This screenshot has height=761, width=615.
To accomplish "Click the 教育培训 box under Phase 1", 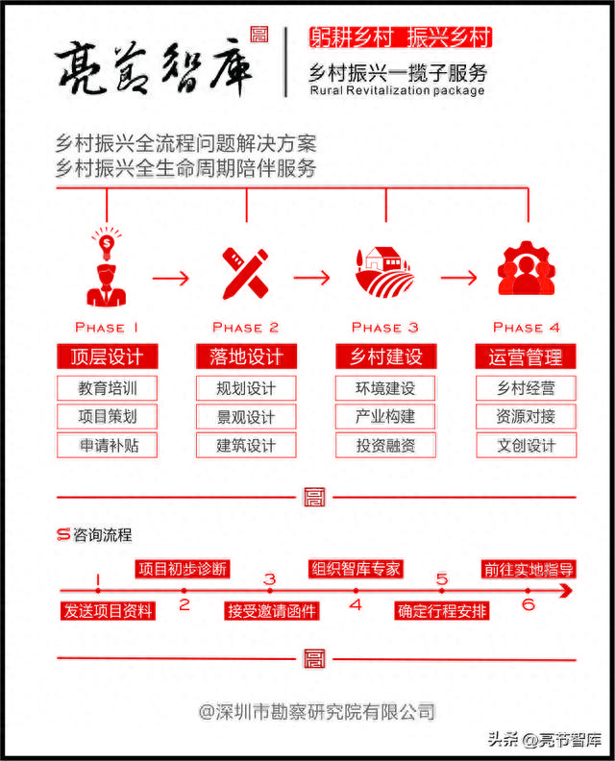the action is tap(107, 388).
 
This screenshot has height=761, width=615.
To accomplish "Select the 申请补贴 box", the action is tap(107, 445).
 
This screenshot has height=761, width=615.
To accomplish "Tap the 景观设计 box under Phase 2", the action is tap(246, 416).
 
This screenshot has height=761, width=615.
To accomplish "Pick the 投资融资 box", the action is tap(385, 445).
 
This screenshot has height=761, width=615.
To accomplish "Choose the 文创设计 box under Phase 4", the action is tap(527, 445).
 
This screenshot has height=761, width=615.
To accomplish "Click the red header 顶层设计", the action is tap(108, 356).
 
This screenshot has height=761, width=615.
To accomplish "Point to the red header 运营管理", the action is tap(526, 356).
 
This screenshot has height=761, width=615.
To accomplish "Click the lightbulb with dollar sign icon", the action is tap(107, 243).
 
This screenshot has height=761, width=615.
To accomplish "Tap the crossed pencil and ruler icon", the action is tap(246, 273).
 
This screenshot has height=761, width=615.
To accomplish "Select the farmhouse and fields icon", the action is tap(385, 272).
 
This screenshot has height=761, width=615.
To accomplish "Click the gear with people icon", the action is tap(527, 268).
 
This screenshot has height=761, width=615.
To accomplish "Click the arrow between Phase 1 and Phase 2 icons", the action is tap(171, 278).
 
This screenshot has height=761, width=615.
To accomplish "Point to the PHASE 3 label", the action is tap(385, 328).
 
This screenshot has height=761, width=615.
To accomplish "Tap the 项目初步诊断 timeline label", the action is tap(183, 569).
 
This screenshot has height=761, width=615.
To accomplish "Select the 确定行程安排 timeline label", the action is tap(442, 611).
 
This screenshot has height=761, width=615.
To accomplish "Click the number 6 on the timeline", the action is tap(529, 604).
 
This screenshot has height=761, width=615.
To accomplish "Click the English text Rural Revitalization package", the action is tap(397, 90).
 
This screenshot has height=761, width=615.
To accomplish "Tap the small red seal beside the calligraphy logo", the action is tap(259, 35).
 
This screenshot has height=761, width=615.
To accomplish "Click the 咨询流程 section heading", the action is tap(103, 535).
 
